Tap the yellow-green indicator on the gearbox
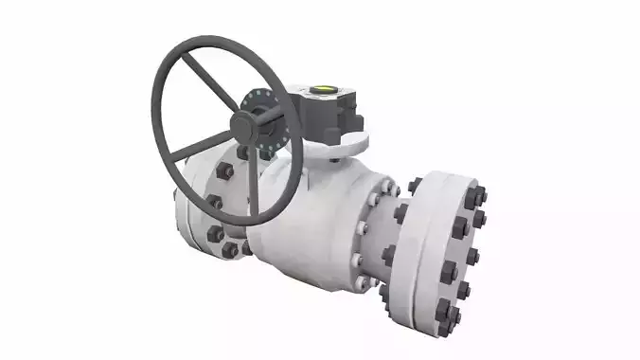pyautogui.click(x=322, y=91)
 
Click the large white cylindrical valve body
pyautogui.click(x=303, y=227)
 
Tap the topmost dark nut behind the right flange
pyautogui.click(x=416, y=187)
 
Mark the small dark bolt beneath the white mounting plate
pyautogui.click(x=334, y=162)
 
